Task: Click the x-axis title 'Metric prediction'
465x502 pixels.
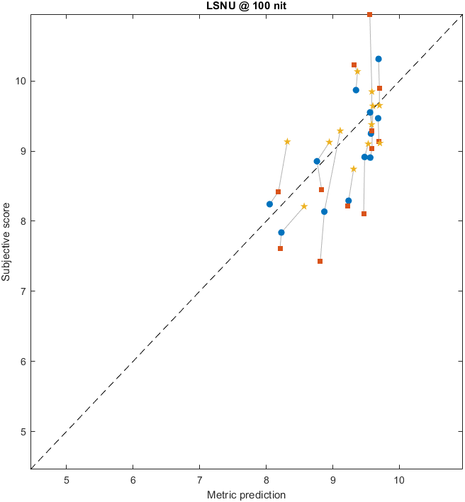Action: click(246, 494)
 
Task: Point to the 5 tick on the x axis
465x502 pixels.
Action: click(67, 479)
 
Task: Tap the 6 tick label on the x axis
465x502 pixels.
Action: click(133, 479)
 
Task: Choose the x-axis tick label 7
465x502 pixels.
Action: click(199, 479)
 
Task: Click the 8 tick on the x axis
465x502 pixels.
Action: click(266, 479)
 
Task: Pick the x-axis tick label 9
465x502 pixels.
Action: click(332, 479)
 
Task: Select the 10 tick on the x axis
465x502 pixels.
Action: click(399, 479)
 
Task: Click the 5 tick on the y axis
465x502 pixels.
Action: click(23, 431)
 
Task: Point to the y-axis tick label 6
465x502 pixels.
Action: click(23, 361)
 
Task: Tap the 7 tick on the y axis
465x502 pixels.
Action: click(23, 291)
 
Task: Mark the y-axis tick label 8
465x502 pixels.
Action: click(23, 221)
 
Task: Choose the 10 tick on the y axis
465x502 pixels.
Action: click(21, 80)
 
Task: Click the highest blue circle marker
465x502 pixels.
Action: click(379, 59)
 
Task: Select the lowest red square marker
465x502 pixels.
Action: click(320, 262)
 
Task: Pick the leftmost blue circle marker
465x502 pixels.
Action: click(269, 204)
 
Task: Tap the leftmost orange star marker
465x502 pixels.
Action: click(287, 142)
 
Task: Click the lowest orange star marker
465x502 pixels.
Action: click(304, 206)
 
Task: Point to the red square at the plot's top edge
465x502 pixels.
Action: click(370, 15)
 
